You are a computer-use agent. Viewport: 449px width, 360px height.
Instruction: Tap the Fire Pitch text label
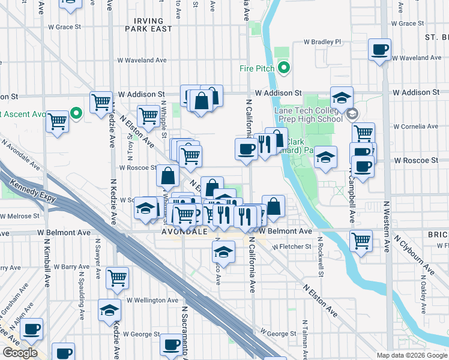point(257,68)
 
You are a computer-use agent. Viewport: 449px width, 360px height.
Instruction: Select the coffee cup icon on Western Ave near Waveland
point(379,50)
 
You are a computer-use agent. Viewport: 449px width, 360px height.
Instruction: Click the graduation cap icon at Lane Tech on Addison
point(342,98)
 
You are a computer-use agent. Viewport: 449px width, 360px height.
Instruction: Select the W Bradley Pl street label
point(322,42)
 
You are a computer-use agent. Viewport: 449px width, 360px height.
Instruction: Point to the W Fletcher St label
point(292,247)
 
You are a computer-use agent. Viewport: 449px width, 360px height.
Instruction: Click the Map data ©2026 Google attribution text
point(412,355)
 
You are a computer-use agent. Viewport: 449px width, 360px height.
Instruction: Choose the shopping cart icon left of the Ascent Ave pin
point(58,121)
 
